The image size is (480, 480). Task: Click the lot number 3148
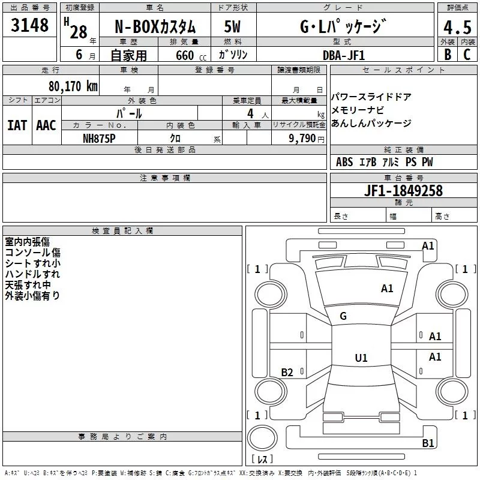(30, 26)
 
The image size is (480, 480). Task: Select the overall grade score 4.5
(457, 28)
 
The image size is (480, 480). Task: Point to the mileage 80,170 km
(73, 86)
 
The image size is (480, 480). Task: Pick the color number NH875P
(100, 137)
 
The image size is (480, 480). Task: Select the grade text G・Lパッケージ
(343, 27)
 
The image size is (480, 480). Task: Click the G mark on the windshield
(343, 316)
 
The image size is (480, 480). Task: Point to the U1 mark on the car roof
(361, 358)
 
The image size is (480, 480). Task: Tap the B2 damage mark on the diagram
(287, 373)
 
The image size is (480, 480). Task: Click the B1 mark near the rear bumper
(428, 443)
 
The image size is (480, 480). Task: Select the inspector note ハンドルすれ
(32, 274)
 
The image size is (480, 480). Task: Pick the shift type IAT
(17, 125)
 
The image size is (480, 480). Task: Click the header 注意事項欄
(165, 178)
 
